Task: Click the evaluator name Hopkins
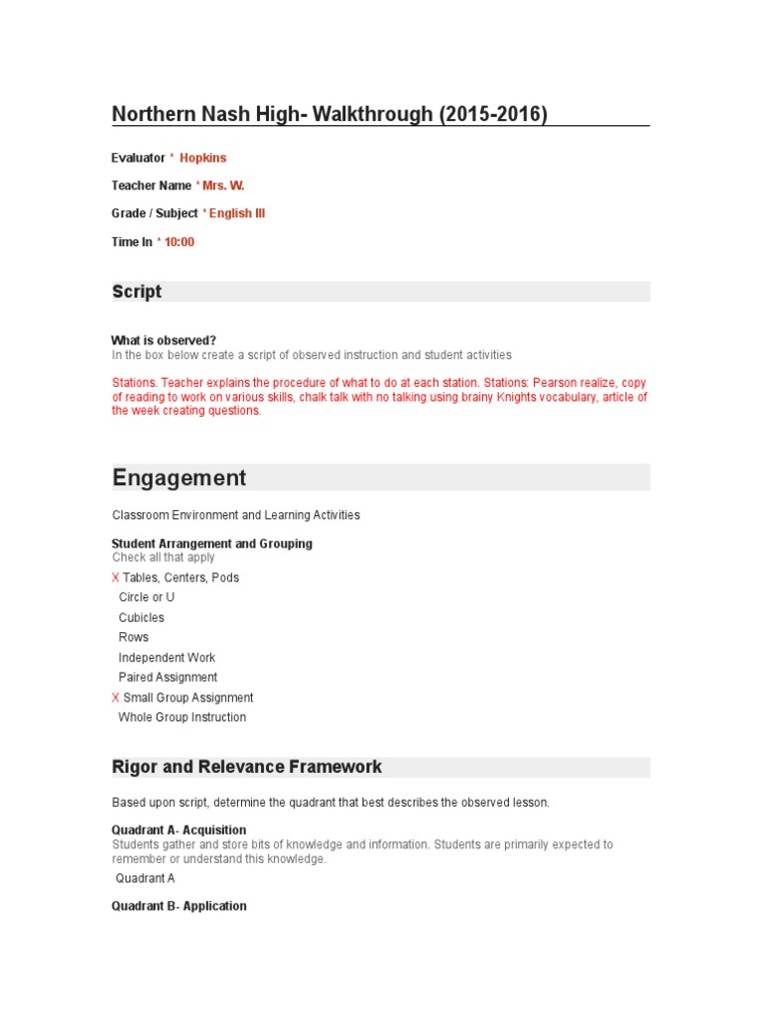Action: [x=202, y=158]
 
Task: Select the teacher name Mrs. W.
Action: [x=223, y=186]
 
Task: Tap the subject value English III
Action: [x=237, y=213]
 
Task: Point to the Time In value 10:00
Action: [x=180, y=242]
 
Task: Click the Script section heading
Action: [x=137, y=292]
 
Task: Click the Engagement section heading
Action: [x=180, y=478]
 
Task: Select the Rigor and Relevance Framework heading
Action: [x=247, y=767]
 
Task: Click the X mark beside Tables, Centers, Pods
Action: [x=115, y=577]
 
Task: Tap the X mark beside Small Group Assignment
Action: [x=115, y=698]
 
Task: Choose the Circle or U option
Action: [x=146, y=597]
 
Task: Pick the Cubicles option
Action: [x=141, y=617]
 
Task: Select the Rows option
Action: [x=133, y=637]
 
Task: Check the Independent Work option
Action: [x=167, y=658]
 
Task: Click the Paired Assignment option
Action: [x=168, y=678]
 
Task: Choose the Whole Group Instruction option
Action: [x=182, y=717]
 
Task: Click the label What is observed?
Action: [x=164, y=340]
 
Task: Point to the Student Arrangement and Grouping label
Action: [x=211, y=544]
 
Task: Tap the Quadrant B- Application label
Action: [x=179, y=906]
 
